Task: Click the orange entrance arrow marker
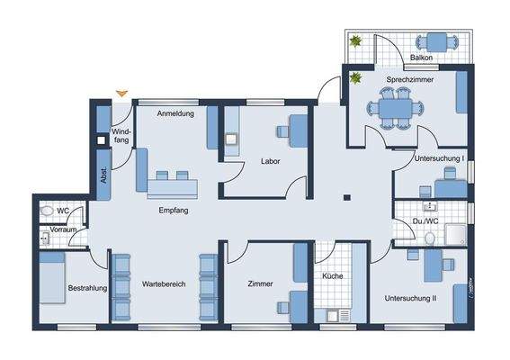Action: click(x=122, y=92)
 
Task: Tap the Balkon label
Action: click(x=422, y=58)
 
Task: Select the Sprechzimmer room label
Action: click(x=410, y=80)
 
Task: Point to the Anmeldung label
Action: click(x=175, y=114)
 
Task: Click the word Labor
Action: click(x=271, y=162)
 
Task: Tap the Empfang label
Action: click(x=173, y=211)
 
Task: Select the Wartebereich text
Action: click(x=164, y=284)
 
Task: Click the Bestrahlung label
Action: click(x=87, y=288)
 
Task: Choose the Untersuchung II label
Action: click(x=410, y=298)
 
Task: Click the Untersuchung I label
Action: click(x=438, y=158)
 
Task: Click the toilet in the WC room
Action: click(x=47, y=212)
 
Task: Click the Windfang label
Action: click(x=121, y=136)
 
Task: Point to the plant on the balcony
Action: click(x=356, y=40)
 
